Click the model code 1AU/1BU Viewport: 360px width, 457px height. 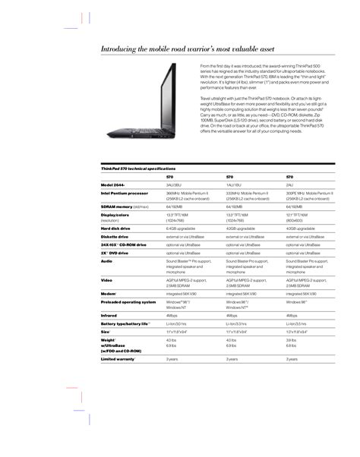[235, 184]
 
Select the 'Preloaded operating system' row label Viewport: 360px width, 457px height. [128, 301]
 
